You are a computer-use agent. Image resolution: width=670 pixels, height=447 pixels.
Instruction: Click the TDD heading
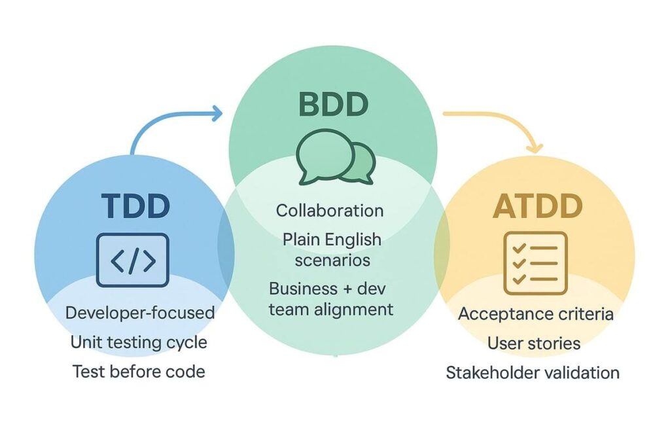tap(135, 206)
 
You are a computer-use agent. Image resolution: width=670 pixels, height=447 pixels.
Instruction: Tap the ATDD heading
tap(537, 207)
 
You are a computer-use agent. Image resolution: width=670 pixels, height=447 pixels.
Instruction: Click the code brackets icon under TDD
tap(133, 260)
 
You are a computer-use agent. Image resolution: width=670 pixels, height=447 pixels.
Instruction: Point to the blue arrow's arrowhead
tap(217, 115)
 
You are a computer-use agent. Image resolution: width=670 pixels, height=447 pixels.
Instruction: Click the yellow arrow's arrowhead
tap(535, 147)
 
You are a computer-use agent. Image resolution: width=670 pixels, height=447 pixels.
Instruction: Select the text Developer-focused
tap(140, 313)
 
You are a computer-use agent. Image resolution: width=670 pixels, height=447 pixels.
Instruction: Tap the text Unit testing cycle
tap(139, 342)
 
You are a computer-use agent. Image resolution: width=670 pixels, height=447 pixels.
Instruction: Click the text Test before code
tap(139, 372)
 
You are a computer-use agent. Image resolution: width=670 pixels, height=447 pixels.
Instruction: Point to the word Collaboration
tap(330, 211)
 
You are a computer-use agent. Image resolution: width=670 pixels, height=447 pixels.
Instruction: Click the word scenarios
tap(332, 260)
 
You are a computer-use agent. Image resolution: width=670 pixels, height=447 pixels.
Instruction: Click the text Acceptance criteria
tap(536, 314)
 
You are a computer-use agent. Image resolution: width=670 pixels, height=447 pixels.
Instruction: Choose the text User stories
tap(534, 343)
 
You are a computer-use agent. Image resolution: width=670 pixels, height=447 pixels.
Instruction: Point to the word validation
tap(576, 372)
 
